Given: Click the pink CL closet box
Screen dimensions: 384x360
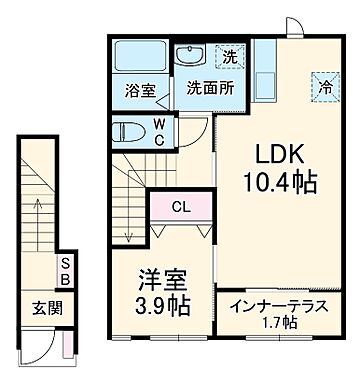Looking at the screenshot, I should click(x=180, y=208).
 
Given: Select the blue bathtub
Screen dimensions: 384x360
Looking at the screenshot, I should click(x=139, y=57).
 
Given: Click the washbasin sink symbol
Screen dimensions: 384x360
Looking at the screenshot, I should click(x=190, y=56).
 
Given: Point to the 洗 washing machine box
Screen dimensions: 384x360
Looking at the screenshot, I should click(x=230, y=58).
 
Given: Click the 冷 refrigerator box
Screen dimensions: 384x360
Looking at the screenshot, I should click(x=325, y=86).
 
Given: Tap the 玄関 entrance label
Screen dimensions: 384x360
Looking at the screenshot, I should click(x=38, y=306).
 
